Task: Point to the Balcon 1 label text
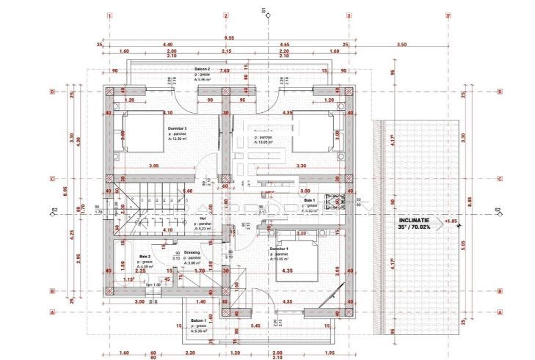tap(199, 320)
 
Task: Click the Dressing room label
tap(192, 251)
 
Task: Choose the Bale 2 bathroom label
tap(145, 257)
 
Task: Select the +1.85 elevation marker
tap(451, 219)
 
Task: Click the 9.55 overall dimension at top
tap(229, 38)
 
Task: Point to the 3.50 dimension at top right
tap(401, 45)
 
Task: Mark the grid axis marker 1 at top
tap(109, 15)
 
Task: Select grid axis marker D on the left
tap(52, 92)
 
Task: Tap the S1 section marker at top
tap(263, 10)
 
